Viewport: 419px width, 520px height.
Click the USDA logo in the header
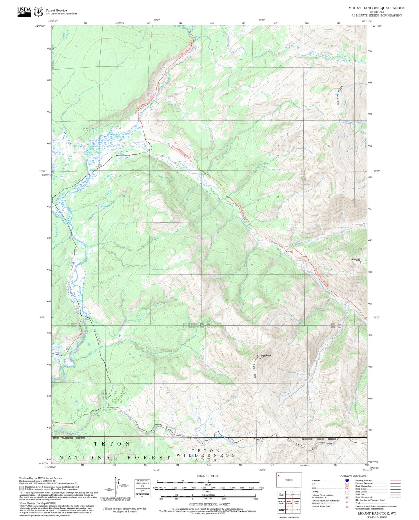click(x=24, y=11)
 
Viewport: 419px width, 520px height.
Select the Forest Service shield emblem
click(x=38, y=12)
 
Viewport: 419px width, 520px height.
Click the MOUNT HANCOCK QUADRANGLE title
click(x=376, y=8)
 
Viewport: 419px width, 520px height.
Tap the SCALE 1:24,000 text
click(x=208, y=476)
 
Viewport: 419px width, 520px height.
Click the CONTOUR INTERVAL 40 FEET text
click(x=209, y=504)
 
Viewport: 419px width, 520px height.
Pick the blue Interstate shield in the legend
click(x=347, y=480)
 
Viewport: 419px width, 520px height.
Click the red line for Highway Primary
click(x=396, y=481)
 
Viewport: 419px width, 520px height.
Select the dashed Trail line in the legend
click(x=396, y=504)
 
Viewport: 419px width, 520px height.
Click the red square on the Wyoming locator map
click(x=279, y=475)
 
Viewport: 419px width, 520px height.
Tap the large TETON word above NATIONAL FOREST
click(x=112, y=444)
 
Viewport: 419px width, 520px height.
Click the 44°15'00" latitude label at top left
click(x=40, y=26)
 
